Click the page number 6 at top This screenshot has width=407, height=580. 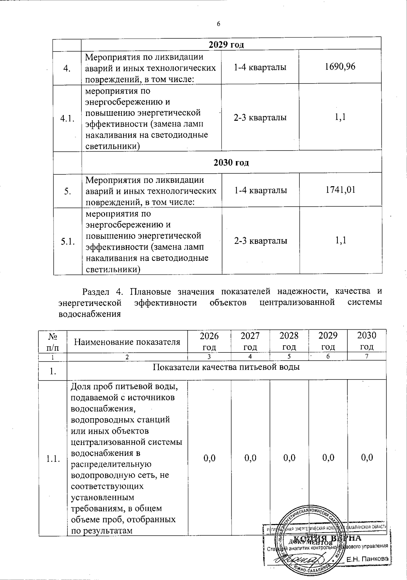[218, 24]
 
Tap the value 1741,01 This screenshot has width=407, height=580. [340, 190]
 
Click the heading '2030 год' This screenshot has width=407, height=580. [231, 162]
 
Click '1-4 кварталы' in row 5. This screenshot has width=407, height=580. [260, 190]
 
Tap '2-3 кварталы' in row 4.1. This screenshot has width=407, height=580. [260, 118]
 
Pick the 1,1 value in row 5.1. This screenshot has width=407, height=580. [341, 240]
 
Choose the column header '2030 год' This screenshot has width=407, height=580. [367, 341]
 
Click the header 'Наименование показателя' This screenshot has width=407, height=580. [127, 342]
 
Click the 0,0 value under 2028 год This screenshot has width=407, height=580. [289, 458]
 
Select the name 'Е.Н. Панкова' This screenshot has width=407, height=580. [367, 559]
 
